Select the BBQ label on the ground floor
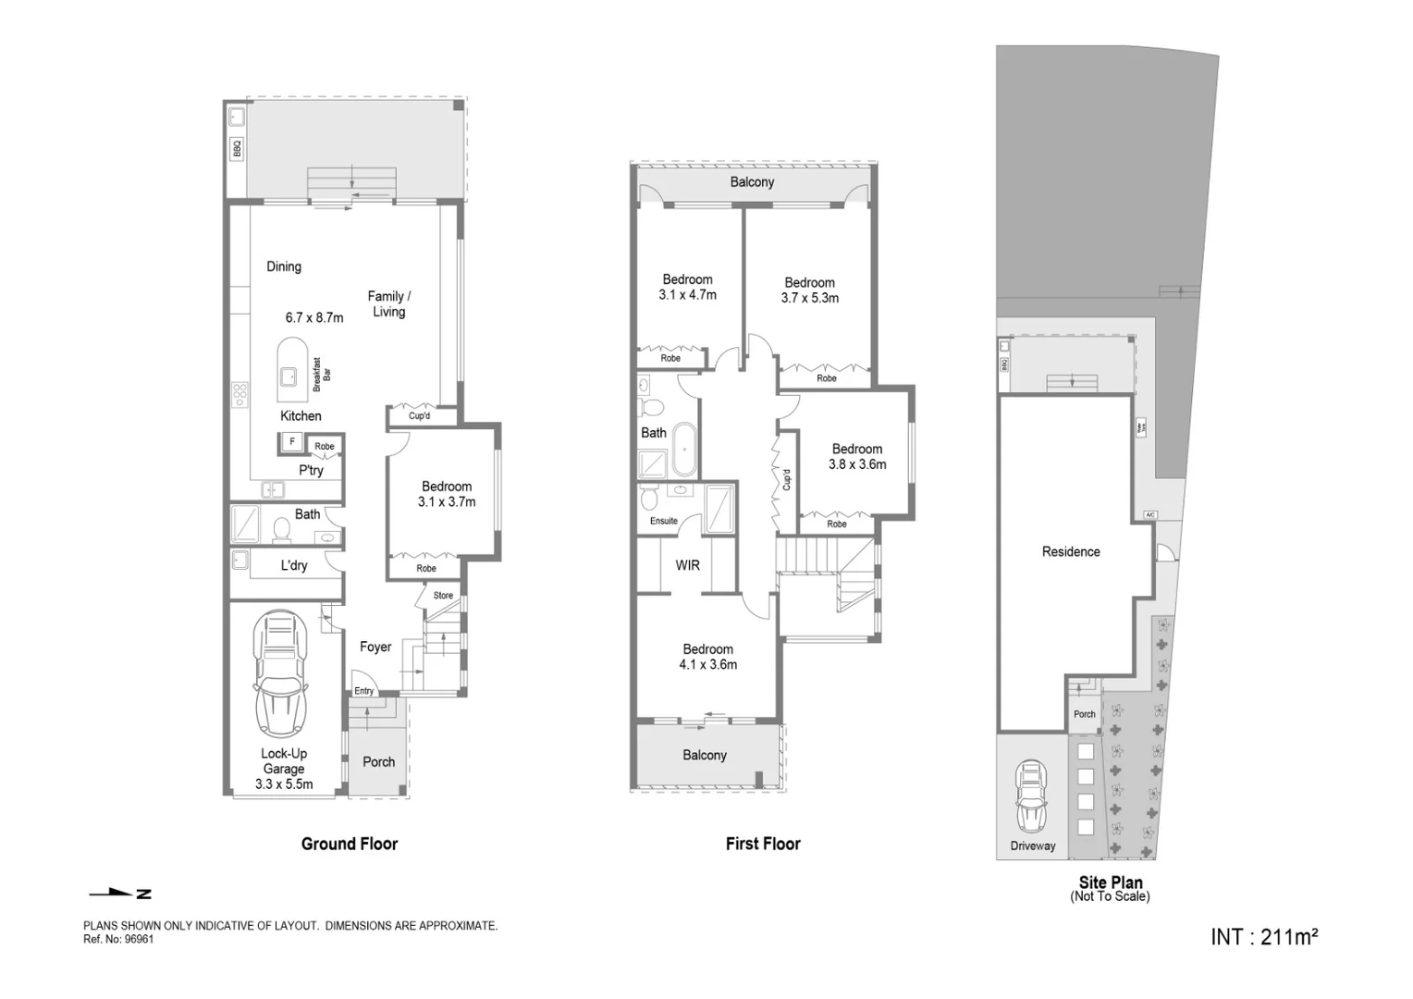coord(237,148)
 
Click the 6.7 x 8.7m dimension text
coord(314,317)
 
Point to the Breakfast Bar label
coord(321,375)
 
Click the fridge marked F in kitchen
coord(292,442)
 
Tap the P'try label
coord(311,470)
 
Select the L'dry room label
coord(294,565)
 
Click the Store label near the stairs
coord(443,595)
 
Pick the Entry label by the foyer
coord(364,691)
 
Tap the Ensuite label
coord(663,521)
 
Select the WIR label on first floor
coord(687,564)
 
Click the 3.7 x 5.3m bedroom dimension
coord(809,298)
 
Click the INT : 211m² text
coord(1263,937)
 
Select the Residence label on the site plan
coord(1071,551)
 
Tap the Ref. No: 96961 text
coord(118,939)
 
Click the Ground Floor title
coord(350,844)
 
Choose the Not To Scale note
coord(1110,896)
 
